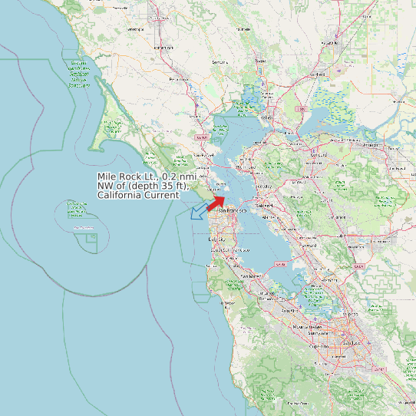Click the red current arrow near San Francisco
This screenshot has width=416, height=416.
(x=216, y=200)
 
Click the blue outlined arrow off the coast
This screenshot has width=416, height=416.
(x=199, y=210)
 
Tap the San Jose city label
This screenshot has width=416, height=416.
(x=355, y=342)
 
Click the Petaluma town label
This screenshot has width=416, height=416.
(x=179, y=79)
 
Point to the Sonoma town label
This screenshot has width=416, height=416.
(x=220, y=61)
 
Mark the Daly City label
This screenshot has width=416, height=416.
(x=217, y=239)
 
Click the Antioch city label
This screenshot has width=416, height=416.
(x=371, y=144)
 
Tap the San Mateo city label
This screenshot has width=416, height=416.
(x=251, y=276)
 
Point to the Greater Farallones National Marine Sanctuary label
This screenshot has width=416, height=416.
(x=79, y=74)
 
